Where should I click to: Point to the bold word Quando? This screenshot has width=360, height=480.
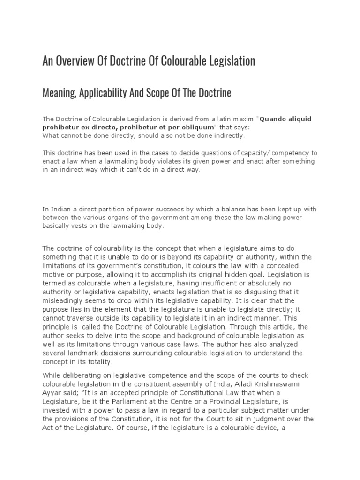pyautogui.click(x=272, y=119)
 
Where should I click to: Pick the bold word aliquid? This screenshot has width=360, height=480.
pyautogui.click(x=298, y=119)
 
